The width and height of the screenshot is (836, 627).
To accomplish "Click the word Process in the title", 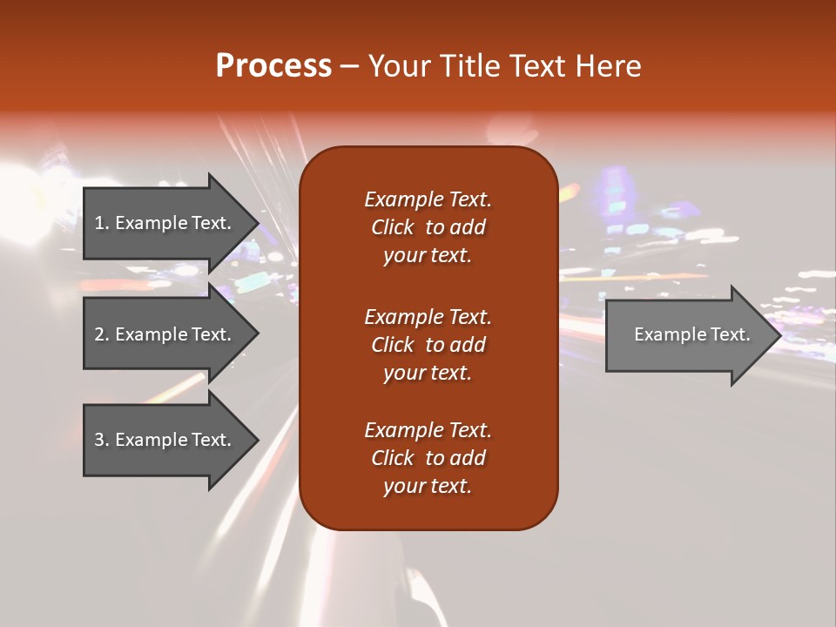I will click(x=273, y=66).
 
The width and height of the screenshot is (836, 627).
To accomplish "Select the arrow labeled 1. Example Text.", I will click(x=165, y=223).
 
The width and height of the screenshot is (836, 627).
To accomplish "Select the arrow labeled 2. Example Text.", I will click(x=165, y=334).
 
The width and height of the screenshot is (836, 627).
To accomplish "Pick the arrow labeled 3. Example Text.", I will click(x=165, y=440).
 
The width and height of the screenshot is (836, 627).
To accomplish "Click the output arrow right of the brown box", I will click(x=688, y=334).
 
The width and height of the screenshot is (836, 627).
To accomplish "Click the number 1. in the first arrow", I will click(x=102, y=223).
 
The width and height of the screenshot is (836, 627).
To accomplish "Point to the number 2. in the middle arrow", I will click(x=102, y=334).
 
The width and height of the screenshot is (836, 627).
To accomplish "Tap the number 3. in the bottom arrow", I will click(x=102, y=440).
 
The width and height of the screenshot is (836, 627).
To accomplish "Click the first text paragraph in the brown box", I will click(x=428, y=227).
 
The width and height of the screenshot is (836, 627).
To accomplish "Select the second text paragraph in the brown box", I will click(x=428, y=345).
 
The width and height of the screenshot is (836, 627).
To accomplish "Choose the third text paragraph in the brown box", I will click(x=428, y=458).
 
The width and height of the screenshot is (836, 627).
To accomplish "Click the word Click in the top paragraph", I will click(x=393, y=227).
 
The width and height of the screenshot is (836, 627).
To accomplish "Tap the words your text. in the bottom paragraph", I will click(x=428, y=486).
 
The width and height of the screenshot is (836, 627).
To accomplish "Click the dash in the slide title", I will click(x=350, y=66).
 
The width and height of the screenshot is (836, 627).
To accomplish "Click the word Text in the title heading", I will click(x=539, y=66).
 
